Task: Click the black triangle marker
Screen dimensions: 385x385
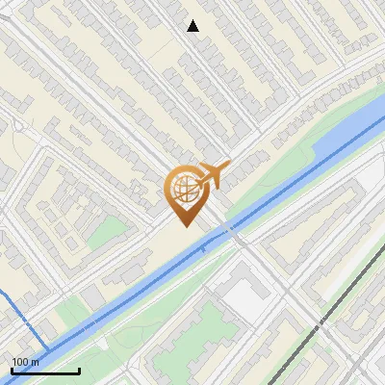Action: coord(193,26)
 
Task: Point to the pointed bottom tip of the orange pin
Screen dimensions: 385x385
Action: coord(185,226)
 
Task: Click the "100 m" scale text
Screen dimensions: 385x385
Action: coord(25,361)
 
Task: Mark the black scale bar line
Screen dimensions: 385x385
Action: coord(45,371)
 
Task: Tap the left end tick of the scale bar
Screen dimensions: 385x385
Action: coord(12,370)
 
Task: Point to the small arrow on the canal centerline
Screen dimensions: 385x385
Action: coord(204,249)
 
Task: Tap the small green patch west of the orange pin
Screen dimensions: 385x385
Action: coord(112,229)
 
